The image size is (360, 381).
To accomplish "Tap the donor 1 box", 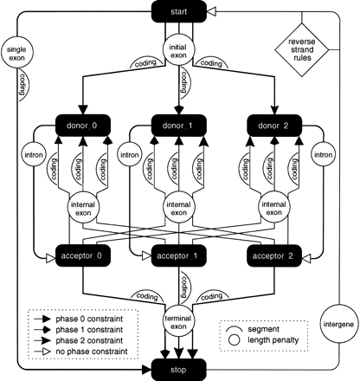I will click(179, 126).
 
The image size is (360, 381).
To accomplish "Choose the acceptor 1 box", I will click(179, 256).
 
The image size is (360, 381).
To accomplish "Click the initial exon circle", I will click(178, 49).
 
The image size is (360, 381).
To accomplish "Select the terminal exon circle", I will click(178, 325).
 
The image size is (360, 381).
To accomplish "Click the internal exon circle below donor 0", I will click(86, 207).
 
